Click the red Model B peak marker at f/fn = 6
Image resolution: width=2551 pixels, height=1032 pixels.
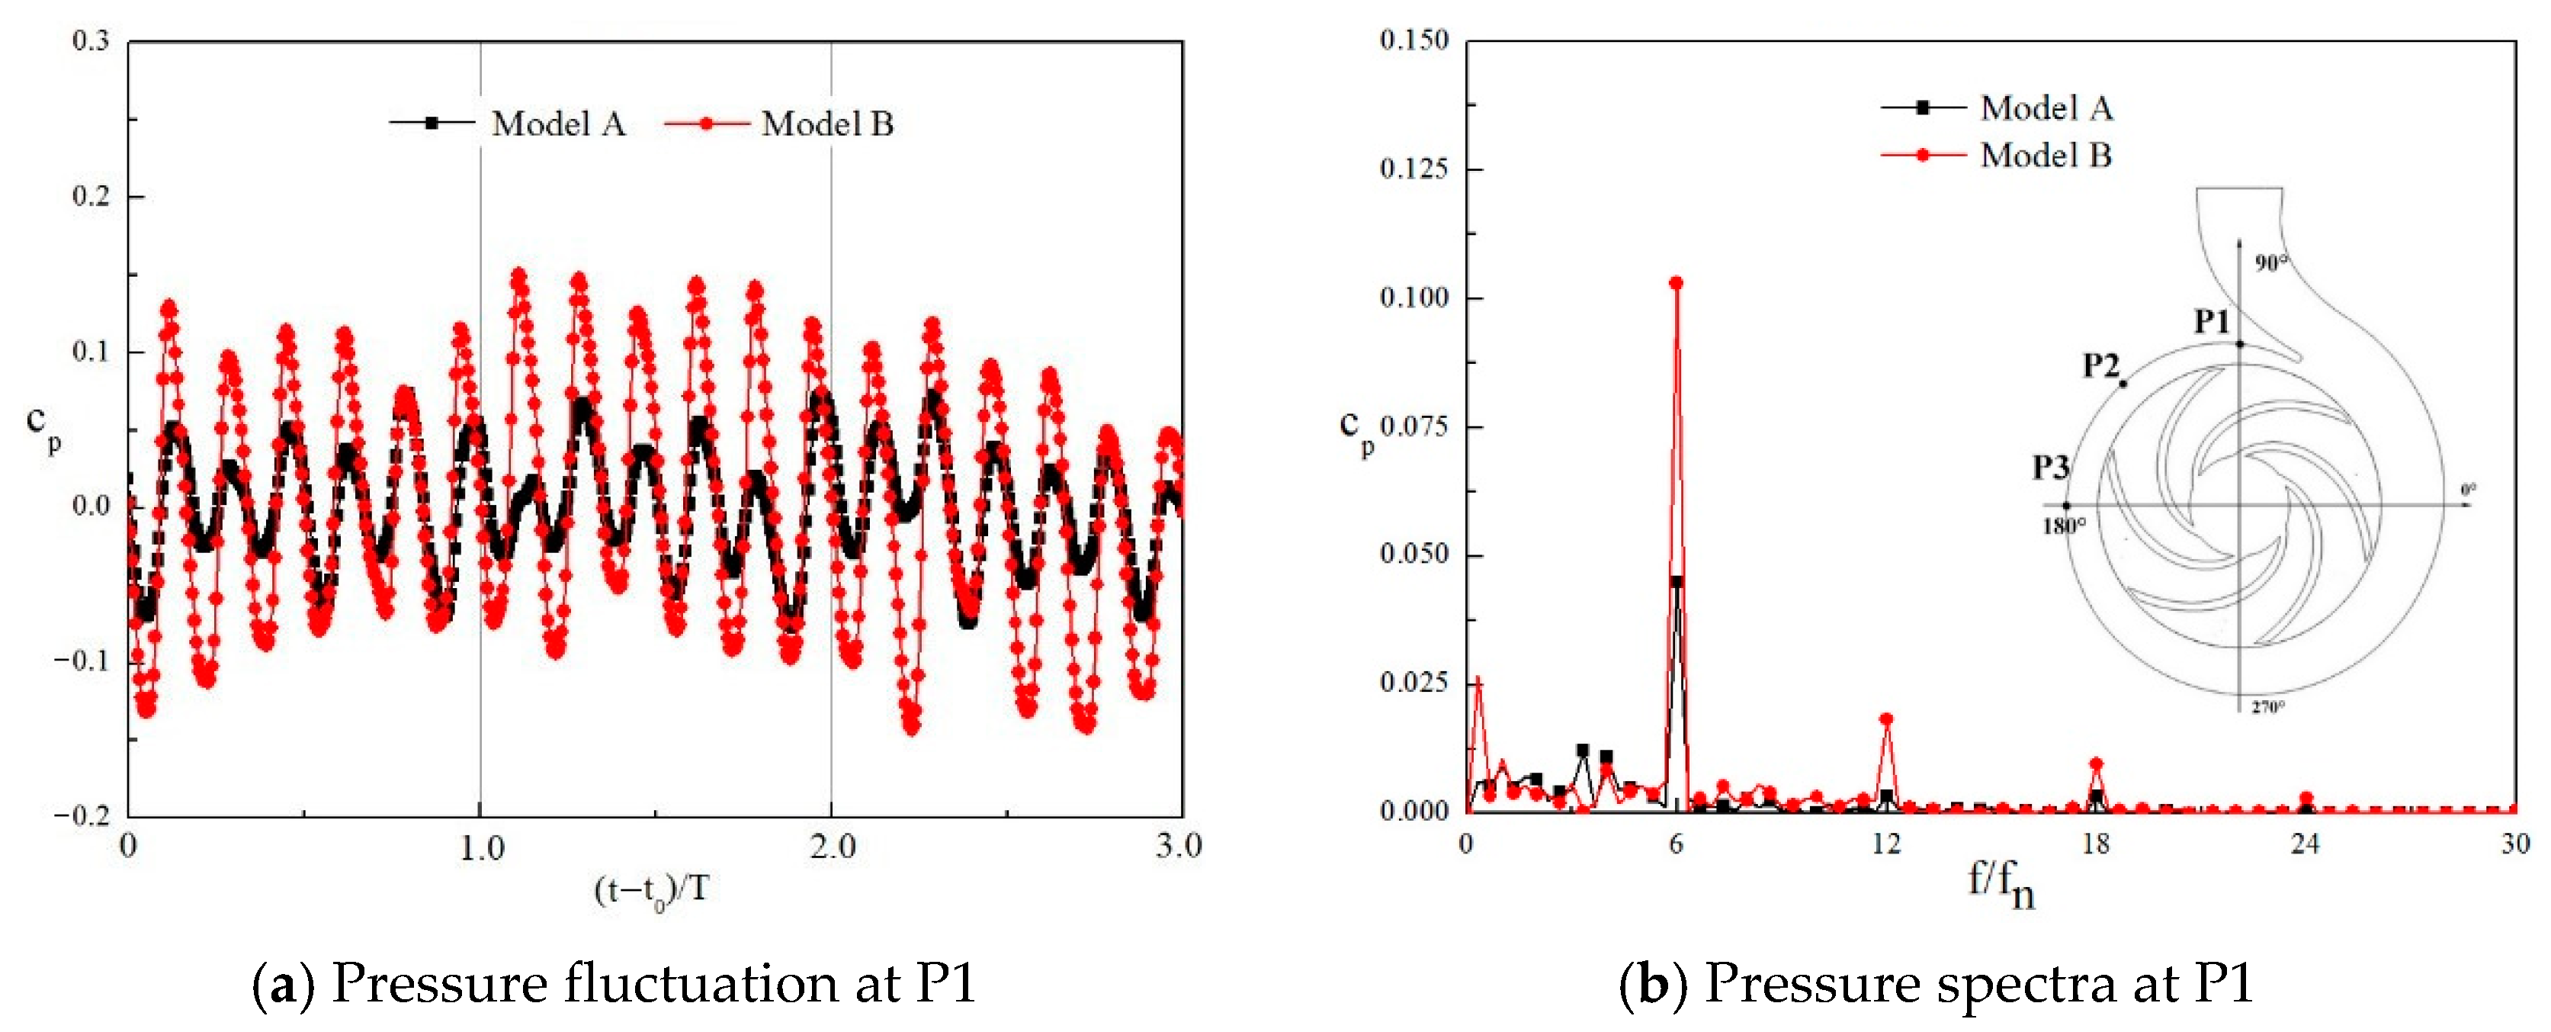point(1676,283)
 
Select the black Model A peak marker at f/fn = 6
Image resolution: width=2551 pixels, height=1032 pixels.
point(1676,582)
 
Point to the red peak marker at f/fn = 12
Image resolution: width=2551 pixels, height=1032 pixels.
point(1885,720)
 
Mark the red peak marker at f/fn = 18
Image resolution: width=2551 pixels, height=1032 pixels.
point(2095,764)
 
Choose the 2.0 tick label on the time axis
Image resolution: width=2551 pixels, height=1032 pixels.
point(832,847)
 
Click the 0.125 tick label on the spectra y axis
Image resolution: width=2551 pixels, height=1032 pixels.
point(1413,169)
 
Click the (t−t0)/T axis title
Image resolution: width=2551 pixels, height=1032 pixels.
point(652,890)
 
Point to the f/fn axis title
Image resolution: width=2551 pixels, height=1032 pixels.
point(2001,883)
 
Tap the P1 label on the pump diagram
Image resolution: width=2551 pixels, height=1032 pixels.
point(2211,321)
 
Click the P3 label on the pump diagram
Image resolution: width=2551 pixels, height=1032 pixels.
point(2051,467)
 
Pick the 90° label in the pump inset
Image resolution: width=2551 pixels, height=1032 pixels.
point(2272,262)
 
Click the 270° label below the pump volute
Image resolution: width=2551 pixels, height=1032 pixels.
point(2269,707)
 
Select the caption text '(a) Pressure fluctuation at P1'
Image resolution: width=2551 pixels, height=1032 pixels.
point(614,983)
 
